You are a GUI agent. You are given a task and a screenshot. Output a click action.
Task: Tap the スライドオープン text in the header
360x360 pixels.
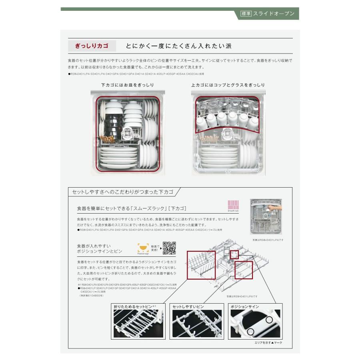click(x=274, y=14)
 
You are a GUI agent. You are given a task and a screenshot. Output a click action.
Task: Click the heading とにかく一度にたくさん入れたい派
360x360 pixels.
click(x=178, y=46)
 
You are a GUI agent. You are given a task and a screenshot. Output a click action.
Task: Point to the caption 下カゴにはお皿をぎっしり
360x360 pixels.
click(x=127, y=85)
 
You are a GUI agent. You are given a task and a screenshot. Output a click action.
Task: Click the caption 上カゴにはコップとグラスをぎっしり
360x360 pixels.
click(x=228, y=85)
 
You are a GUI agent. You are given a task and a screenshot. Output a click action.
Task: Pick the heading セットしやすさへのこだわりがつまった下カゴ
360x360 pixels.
click(x=122, y=192)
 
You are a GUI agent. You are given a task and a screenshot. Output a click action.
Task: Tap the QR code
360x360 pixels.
click(x=169, y=248)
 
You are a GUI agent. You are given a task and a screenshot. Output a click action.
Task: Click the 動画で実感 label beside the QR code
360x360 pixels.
click(x=155, y=248)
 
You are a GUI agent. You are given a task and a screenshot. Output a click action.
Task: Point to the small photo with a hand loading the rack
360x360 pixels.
click(x=266, y=216)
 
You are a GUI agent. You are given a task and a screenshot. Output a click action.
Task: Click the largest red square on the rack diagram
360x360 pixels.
click(x=201, y=265)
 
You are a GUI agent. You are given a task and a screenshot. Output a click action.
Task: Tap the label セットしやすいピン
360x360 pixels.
click(x=188, y=306)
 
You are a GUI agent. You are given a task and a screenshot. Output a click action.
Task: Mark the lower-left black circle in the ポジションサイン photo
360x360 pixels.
click(x=250, y=332)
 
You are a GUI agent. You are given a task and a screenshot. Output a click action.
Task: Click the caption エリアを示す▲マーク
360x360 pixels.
click(x=268, y=343)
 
